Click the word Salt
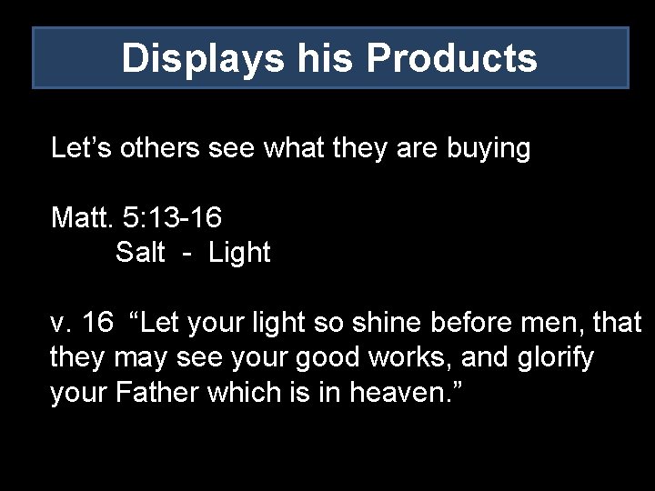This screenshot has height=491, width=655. pos(140,252)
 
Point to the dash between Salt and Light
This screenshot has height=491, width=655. pos(187,254)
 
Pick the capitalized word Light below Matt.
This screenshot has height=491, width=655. pos(239,254)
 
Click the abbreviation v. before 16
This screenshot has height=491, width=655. pos(61,322)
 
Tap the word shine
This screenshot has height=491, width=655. pos(382,322)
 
